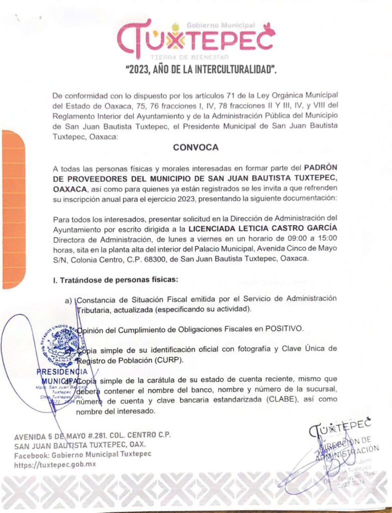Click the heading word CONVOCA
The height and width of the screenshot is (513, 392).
point(195,148)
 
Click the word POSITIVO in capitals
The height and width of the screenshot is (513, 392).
point(284,329)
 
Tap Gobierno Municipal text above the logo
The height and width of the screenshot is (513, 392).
point(221,25)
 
